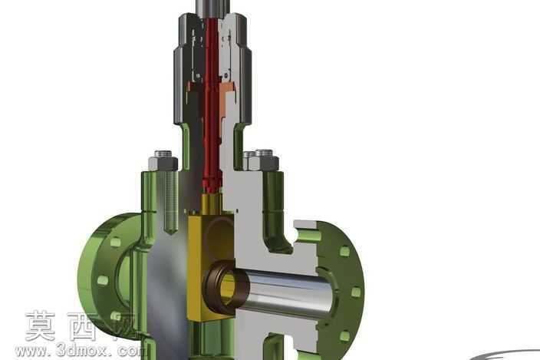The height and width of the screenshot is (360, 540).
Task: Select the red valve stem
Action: point(211,104)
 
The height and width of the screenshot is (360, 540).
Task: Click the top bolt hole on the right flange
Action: point(344,251)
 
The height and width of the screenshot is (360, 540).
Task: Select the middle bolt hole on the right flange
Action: point(356,292)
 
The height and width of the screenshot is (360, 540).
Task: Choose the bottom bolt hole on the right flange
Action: point(345,335)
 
